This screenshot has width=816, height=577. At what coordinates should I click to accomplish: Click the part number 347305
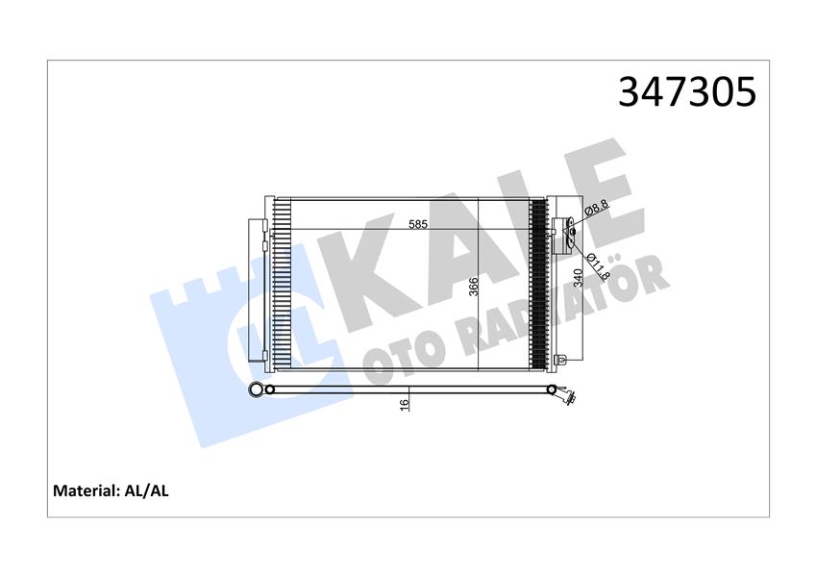(686, 91)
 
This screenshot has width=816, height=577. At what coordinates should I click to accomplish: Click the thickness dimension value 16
(406, 406)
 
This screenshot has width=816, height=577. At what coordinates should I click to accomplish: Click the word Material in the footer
(86, 490)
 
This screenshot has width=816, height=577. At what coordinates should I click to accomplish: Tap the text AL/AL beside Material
(147, 490)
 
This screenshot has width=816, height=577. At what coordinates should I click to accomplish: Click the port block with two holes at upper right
(568, 229)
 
